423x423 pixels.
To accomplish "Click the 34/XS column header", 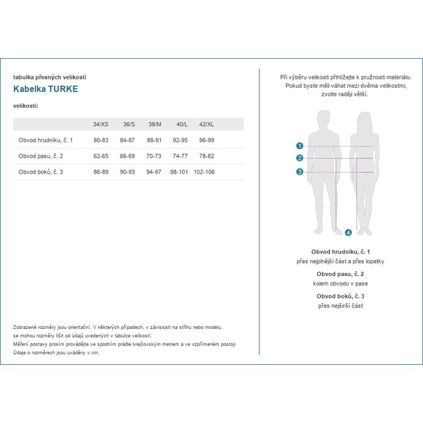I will tap(100, 124).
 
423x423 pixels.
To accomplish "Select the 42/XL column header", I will tap(206, 124).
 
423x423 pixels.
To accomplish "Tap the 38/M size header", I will tap(155, 124).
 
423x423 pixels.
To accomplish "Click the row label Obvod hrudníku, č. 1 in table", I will tap(46, 140).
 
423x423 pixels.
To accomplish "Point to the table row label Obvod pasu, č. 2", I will tap(41, 155).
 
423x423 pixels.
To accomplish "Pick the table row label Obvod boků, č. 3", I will tap(41, 172).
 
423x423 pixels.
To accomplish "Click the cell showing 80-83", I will tap(101, 140).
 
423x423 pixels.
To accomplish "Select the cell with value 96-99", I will tap(206, 140).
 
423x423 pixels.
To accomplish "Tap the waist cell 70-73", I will tap(155, 155).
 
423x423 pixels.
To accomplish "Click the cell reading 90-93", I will tap(129, 172).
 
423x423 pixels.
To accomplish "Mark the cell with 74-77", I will tap(181, 155).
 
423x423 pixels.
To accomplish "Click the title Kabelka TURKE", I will tap(45, 89).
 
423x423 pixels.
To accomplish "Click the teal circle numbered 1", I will tap(300, 145).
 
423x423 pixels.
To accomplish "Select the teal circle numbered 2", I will tap(300, 158).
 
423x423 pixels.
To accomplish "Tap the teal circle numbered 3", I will tap(300, 172).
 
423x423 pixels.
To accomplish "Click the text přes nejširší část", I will tap(340, 306).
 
